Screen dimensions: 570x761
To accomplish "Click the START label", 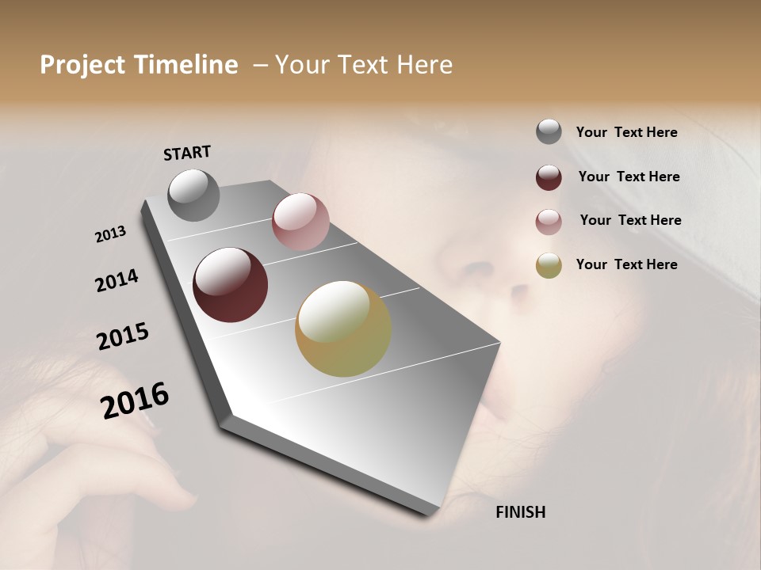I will point(187,153).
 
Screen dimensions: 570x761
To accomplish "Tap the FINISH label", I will point(520,512).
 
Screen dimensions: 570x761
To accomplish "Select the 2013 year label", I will point(111,234).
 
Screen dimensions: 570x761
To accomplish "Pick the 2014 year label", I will point(117,281).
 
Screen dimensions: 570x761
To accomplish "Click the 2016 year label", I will point(135,401).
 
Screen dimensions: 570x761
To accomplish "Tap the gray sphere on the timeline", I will point(193,195).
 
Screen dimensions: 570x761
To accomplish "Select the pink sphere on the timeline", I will point(300,222).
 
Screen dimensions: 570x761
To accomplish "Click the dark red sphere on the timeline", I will point(230,285).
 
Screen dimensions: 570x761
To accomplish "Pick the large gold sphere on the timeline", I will point(343,329).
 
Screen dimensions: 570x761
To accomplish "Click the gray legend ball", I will point(549,132).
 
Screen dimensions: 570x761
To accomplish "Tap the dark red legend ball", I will point(549,177).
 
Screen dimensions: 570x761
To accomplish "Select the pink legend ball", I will point(549,221).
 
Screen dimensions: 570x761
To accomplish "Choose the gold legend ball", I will point(549,265).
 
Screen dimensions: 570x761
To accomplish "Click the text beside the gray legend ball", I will point(626,132).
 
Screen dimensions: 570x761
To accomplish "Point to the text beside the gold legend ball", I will point(626,264).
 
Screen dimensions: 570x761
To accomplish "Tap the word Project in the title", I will point(82,65).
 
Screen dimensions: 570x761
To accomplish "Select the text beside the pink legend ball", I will point(630,220).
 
